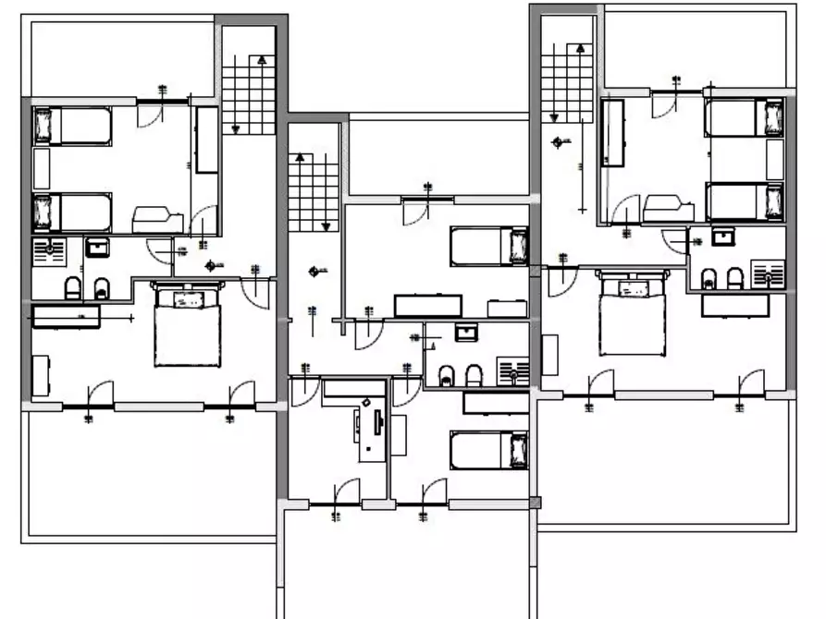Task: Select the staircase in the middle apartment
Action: [x=312, y=192]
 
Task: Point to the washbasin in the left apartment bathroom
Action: [x=97, y=248]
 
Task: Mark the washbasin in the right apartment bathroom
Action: [x=723, y=237]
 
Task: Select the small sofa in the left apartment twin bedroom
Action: [x=157, y=220]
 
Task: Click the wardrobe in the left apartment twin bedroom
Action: [x=206, y=139]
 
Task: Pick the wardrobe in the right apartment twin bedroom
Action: [x=611, y=133]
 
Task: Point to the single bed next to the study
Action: [x=488, y=450]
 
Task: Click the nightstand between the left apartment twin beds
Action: [x=42, y=168]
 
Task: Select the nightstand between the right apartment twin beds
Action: [x=775, y=160]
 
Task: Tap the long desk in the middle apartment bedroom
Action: [x=427, y=306]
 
